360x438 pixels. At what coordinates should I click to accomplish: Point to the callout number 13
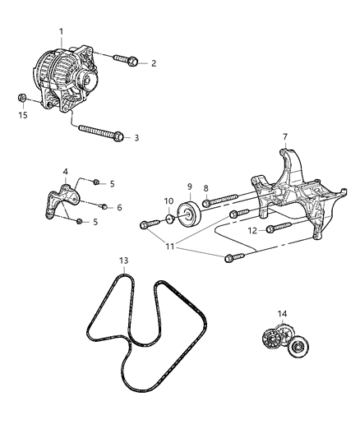123,262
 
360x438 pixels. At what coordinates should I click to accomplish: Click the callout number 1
61,31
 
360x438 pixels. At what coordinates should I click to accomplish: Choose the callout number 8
206,188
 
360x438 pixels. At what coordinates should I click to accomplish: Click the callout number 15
23,116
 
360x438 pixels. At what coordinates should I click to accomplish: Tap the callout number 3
136,138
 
